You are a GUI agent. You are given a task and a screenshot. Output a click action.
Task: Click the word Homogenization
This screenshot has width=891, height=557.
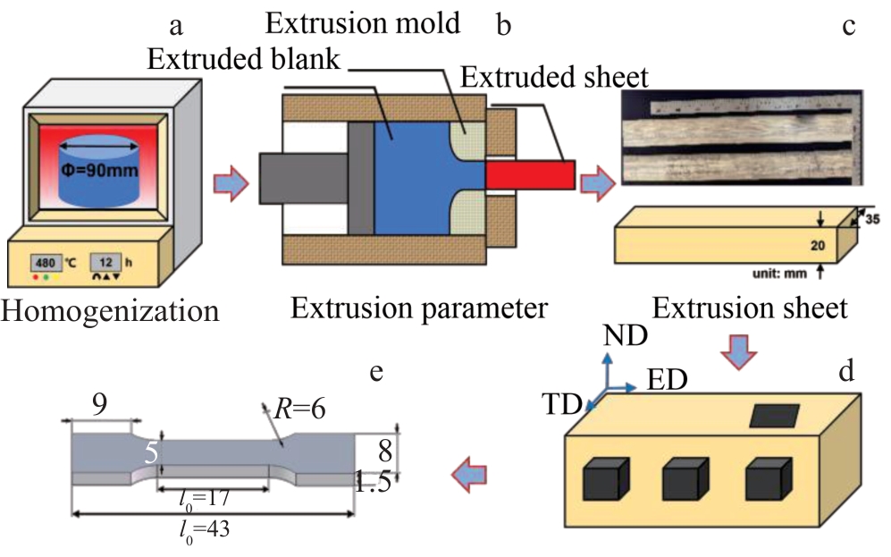point(110,312)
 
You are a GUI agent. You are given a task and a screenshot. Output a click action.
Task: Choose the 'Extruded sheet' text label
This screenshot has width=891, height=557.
point(554,77)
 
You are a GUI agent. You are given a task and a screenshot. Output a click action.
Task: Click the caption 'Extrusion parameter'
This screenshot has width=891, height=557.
point(418,309)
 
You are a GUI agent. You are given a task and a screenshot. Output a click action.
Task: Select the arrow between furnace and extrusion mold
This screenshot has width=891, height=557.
point(230,183)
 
